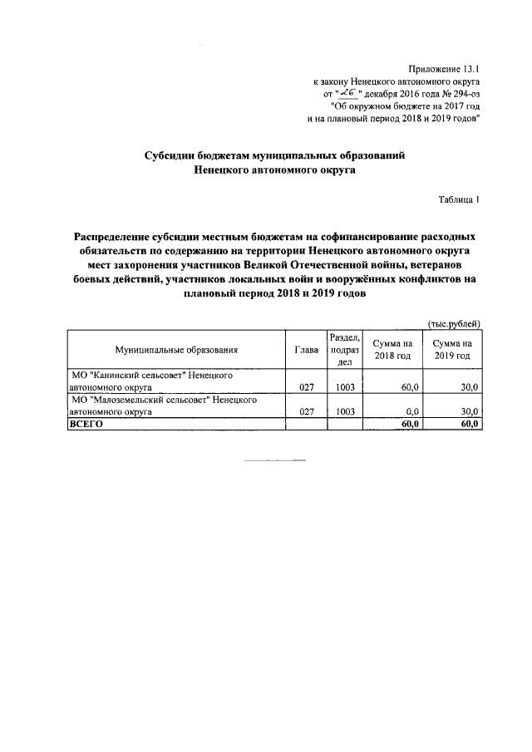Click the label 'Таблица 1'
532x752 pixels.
(459, 199)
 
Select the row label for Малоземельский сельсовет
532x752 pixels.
(163, 405)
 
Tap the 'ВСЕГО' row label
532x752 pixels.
(86, 424)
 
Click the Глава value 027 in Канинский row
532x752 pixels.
(306, 387)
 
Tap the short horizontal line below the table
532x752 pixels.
(275, 460)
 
